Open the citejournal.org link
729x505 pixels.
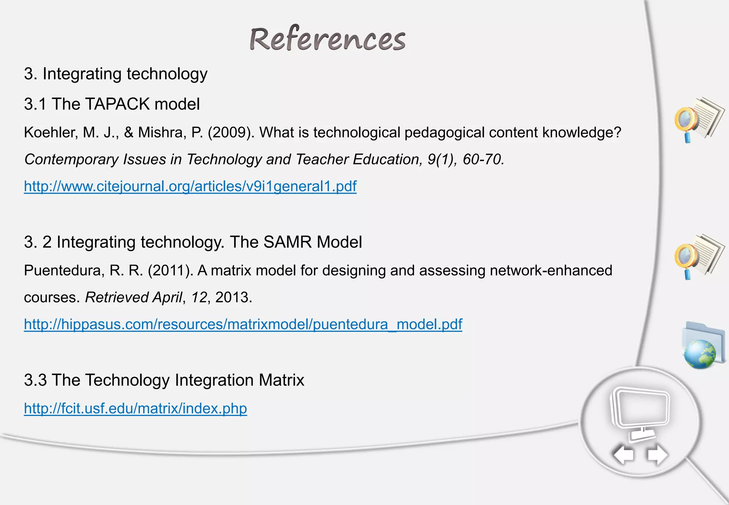pos(190,186)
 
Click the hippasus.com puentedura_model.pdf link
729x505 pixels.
pos(243,324)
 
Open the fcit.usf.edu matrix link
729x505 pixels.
pos(135,408)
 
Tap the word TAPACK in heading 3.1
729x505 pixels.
pos(117,104)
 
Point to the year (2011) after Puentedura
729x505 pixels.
pos(171,271)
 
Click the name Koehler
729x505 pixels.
pos(50,132)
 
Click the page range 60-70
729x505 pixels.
pos(482,160)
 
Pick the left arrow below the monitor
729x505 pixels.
pos(623,455)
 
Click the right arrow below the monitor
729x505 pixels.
pos(657,455)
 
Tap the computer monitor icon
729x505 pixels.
pos(640,410)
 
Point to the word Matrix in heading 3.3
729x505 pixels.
pos(282,380)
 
